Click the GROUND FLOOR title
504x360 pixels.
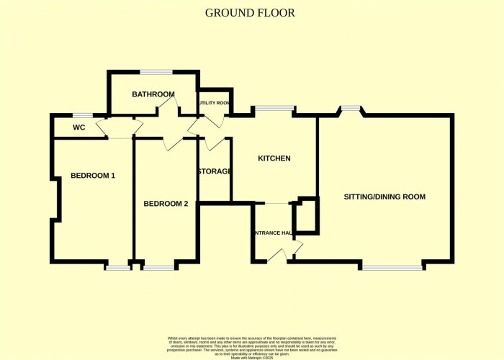tap(250, 13)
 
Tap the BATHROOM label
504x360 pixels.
tap(153, 94)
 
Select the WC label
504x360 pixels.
tap(79, 127)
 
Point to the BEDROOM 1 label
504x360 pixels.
tap(93, 176)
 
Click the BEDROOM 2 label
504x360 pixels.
tap(166, 204)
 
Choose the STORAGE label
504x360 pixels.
tap(215, 171)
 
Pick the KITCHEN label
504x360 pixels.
tap(274, 158)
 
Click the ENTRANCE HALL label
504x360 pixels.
tap(272, 233)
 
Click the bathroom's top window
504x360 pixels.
tap(156, 71)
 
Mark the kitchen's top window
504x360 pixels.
tap(274, 109)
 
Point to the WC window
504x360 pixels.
tap(83, 115)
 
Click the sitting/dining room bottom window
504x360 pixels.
tap(392, 267)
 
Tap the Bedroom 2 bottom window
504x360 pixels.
tap(159, 268)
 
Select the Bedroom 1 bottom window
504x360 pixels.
tap(117, 268)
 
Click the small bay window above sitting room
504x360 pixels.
tap(351, 108)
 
